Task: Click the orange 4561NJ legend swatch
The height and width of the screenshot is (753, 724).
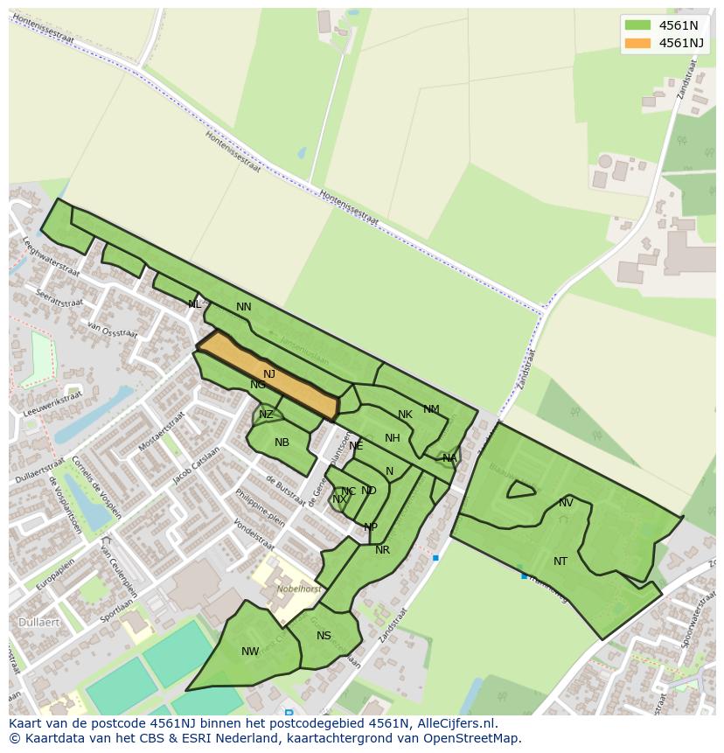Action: click(638, 43)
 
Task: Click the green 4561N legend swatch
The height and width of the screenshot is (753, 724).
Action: click(638, 25)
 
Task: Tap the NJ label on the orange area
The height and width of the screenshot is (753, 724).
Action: click(269, 374)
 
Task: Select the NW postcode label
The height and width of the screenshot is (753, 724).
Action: click(250, 652)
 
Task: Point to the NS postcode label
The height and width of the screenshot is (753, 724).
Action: click(324, 636)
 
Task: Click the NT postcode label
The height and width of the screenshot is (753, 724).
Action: click(560, 561)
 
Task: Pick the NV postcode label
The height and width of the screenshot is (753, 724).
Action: click(566, 503)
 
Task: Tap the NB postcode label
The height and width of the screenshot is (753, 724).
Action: click(282, 443)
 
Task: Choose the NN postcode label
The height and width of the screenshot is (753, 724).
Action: click(244, 307)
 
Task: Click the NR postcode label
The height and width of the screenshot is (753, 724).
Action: click(382, 550)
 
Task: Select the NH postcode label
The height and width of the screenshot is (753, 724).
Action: click(392, 438)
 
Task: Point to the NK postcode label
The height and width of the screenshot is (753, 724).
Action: click(405, 415)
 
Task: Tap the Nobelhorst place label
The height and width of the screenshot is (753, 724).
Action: click(299, 589)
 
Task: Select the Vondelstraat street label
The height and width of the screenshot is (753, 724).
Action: click(256, 535)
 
